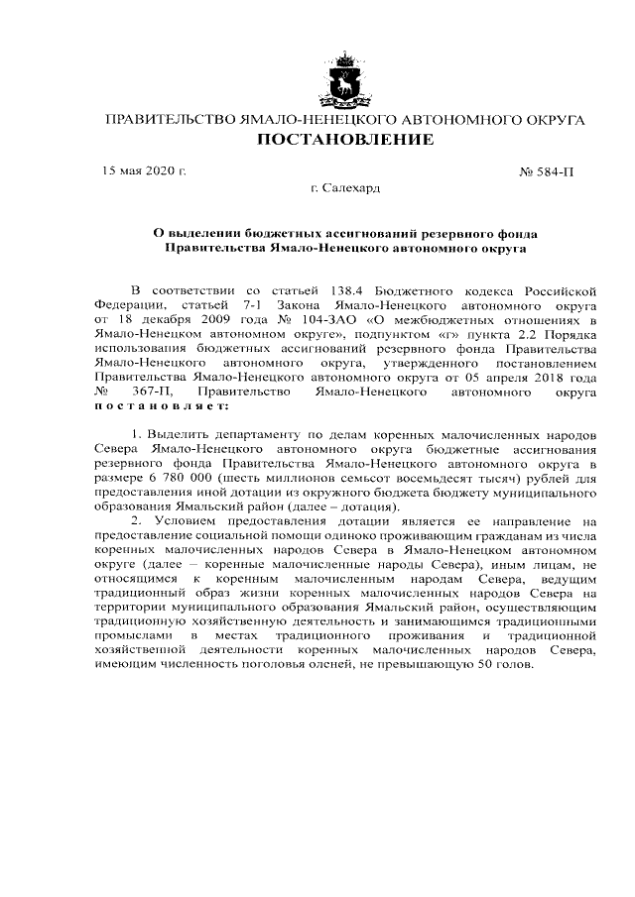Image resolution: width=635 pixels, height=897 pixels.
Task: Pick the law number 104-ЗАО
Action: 301,321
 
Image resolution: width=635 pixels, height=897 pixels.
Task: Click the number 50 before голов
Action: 481,663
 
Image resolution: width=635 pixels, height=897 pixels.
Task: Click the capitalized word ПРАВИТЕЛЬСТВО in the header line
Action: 168,120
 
